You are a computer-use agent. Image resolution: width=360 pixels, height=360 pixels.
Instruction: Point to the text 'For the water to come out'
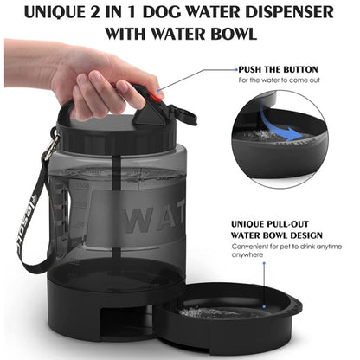(279, 80)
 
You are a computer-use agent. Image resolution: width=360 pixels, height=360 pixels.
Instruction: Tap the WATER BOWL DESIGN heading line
(275, 234)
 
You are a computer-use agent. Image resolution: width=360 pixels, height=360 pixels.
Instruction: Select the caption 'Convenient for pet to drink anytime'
(280, 245)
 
